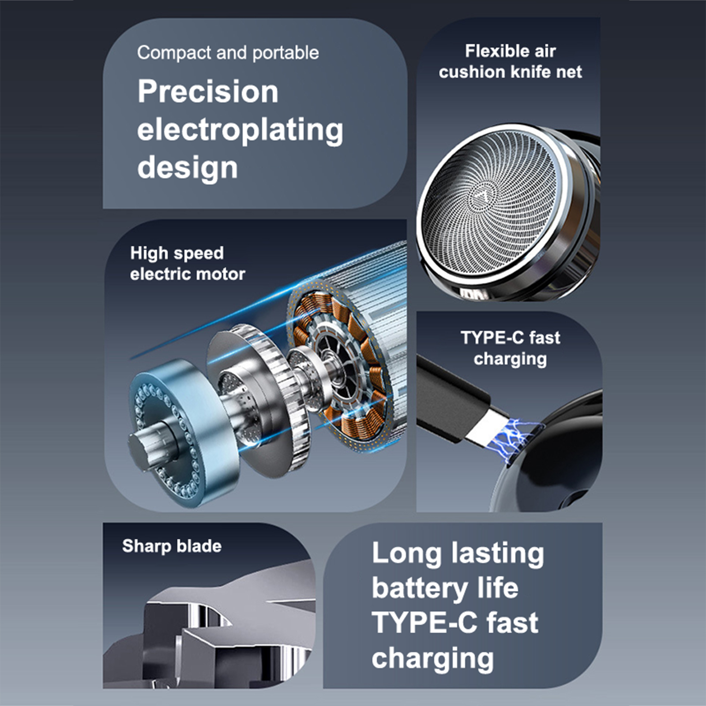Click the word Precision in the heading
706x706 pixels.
click(208, 92)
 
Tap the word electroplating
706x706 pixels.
click(240, 131)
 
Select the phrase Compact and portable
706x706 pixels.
click(228, 53)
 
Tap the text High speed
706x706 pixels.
click(177, 254)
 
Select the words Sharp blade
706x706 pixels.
click(172, 546)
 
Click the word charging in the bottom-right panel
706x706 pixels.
click(433, 659)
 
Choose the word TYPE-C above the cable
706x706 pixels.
click(492, 338)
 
